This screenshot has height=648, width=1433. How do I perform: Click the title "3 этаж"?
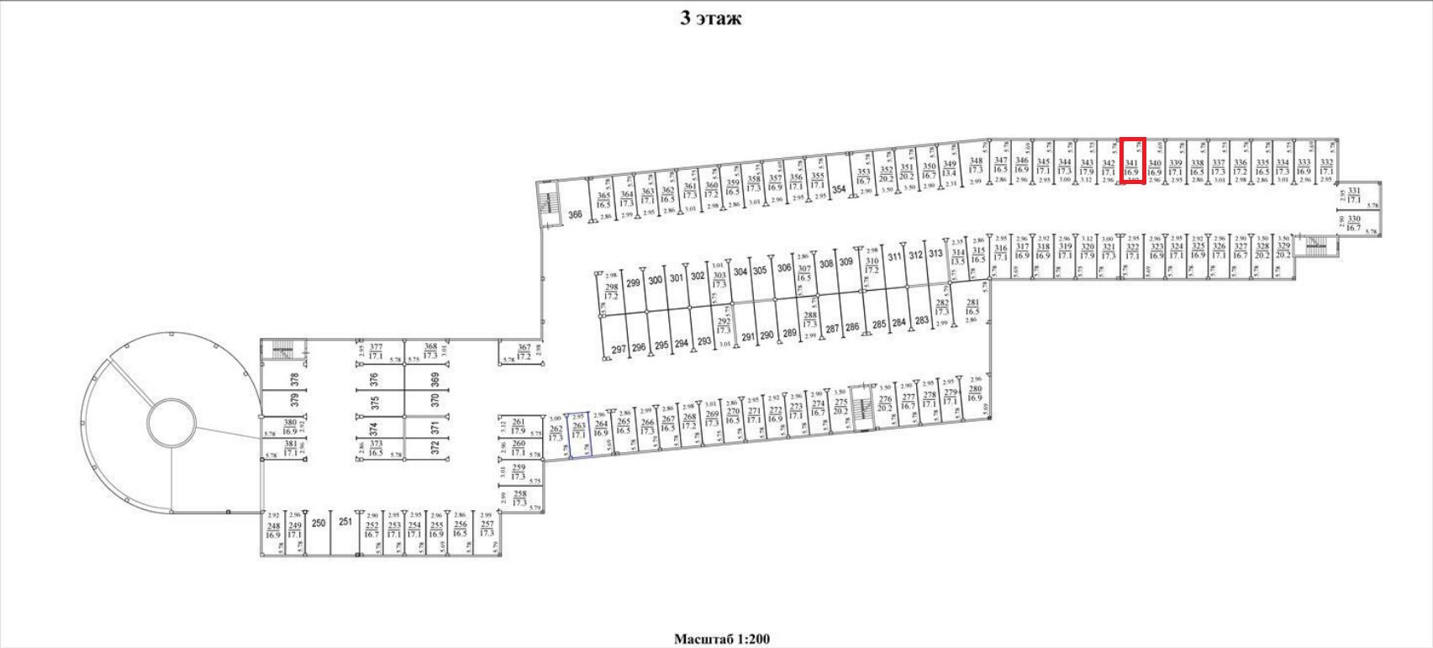coord(710,18)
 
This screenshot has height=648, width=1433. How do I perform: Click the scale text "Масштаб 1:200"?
coord(721,639)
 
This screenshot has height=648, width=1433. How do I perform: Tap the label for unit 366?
coord(575,214)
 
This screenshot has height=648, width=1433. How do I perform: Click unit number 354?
coord(839,189)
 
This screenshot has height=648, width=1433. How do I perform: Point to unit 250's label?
coord(319,523)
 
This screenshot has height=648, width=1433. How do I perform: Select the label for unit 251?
coord(345,522)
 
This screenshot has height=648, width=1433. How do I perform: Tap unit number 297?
coord(619,349)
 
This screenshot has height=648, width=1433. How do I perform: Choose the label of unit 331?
coord(1354,196)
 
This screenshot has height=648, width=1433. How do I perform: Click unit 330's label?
coord(1353,223)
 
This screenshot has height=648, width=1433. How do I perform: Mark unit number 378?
coord(294,379)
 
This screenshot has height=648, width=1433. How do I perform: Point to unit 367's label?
coord(524,351)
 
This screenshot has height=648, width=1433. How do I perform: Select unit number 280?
coord(975,392)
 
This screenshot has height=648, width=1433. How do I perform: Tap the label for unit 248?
coord(273,529)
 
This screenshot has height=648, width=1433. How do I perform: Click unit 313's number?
coord(935,255)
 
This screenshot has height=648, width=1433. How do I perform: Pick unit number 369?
coord(435,379)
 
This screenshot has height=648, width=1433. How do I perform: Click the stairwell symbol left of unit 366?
coord(550,203)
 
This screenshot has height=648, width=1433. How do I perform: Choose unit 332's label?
coord(1326,166)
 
